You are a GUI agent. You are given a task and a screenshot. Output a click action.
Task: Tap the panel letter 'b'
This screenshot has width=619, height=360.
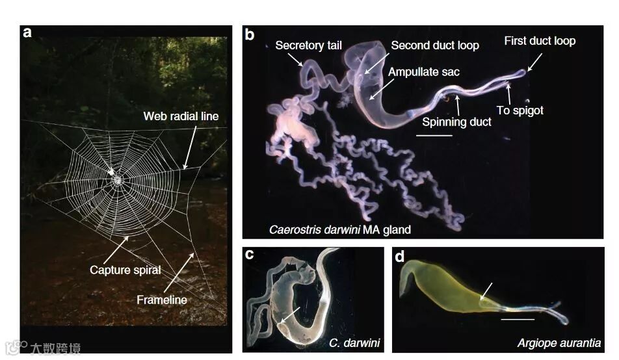(x=250, y=34)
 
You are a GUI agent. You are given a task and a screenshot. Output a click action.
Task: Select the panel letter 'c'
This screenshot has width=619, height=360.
(x=249, y=255)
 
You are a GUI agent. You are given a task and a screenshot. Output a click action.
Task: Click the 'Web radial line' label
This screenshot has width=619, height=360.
(x=180, y=116)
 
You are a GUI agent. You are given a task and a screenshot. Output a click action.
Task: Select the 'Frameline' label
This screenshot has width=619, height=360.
(x=162, y=300)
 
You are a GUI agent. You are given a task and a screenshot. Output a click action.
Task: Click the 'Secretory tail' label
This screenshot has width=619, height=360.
(x=308, y=45)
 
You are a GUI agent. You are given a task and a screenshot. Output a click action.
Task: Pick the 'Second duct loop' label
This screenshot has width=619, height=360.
(x=434, y=45)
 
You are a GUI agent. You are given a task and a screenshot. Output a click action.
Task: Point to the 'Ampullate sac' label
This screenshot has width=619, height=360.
(x=423, y=72)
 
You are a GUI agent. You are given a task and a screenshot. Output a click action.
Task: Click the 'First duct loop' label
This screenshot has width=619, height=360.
(x=540, y=41)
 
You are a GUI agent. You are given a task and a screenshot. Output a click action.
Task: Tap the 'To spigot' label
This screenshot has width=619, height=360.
(x=520, y=110)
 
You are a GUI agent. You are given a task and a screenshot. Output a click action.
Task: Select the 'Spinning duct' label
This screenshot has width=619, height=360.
(x=456, y=122)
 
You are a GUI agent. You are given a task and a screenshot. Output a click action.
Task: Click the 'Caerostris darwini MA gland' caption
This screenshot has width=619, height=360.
(x=340, y=229)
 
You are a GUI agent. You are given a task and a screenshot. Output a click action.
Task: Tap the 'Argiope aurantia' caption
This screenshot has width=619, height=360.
(x=559, y=342)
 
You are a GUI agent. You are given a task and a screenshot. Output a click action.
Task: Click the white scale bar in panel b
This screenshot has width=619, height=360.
(x=434, y=136)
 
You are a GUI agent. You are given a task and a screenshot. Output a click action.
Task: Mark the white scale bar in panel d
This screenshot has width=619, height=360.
(x=518, y=319)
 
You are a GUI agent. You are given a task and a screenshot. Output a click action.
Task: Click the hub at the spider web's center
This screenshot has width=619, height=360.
(x=117, y=179)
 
